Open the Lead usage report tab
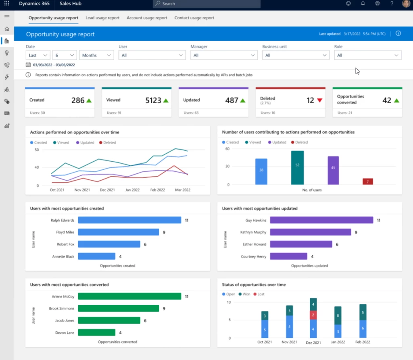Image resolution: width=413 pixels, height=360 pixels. pos(102,18)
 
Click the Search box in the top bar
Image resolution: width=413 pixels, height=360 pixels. pos(206,4)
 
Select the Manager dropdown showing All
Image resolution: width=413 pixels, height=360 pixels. pos(224,55)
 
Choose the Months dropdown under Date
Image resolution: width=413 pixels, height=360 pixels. pos(96,55)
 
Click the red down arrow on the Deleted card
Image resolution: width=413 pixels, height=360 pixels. pos(320,100)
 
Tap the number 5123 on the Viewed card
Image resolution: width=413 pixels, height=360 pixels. pos(153,100)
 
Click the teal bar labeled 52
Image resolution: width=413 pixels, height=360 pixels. pos(297,168)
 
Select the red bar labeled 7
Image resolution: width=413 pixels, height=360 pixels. pos(367,181)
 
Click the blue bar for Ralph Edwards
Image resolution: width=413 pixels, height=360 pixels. pos(129,220)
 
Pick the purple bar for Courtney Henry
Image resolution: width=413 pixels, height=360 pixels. pos(288,256)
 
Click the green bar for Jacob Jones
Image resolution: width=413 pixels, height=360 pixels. pos(109,320)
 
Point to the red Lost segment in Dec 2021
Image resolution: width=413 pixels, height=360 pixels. pos(313,315)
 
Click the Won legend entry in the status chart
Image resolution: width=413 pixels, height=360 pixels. pos(246,294)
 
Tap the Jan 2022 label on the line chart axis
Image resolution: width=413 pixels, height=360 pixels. pos(133,189)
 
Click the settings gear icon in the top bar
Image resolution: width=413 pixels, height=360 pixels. pos(378,4)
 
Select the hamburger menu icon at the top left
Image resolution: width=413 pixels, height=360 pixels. pos(6,17)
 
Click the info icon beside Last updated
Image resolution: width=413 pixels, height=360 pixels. pos(398,33)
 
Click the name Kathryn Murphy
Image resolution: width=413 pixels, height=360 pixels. pos(254,232)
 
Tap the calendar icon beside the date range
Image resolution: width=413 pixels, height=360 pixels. pos(28,65)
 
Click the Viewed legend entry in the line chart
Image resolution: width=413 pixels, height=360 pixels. pos(61,143)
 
